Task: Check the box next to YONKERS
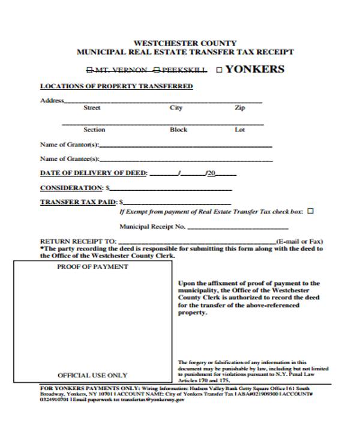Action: (219, 70)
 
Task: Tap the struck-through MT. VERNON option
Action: (121, 70)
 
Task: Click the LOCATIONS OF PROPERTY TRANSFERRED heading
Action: (116, 86)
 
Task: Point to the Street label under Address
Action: (92, 108)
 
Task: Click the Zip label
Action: (239, 108)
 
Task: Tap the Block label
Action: (178, 130)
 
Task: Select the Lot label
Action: (239, 130)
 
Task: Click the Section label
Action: (94, 130)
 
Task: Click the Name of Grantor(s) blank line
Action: (185, 146)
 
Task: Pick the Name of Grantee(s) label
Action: (69, 159)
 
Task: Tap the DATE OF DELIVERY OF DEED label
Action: (93, 173)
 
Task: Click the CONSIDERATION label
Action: (71, 188)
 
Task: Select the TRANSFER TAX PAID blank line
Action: (178, 203)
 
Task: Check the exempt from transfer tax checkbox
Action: (310, 211)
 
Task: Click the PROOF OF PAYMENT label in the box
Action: (92, 266)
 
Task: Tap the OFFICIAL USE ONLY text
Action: (92, 375)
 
